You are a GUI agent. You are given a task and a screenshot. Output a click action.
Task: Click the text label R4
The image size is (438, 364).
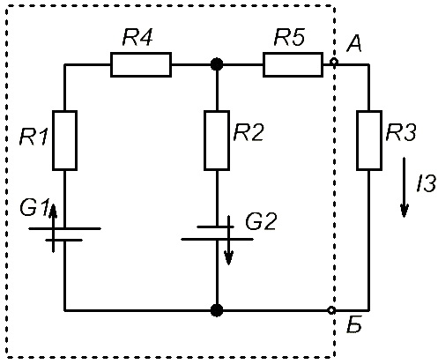pos(137,37)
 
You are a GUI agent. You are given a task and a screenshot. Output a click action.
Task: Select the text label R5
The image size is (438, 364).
pos(289,37)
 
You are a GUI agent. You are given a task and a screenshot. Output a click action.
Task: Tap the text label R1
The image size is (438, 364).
pos(33,137)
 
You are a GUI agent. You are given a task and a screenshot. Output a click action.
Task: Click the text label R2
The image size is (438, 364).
pos(249,132)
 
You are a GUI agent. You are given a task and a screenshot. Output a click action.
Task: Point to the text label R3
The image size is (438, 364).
pos(401,132)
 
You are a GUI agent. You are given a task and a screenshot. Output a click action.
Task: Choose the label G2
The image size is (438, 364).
pos(261,221)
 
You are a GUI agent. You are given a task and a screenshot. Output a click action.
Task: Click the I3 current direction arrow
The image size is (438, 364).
pos(405,188)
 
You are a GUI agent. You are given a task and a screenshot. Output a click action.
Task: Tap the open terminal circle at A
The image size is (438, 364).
pos(334,62)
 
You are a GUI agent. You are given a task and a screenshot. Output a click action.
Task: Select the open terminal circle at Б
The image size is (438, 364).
pos(331,310)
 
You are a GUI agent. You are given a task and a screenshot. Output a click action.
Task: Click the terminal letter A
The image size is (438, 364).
pos(354,44)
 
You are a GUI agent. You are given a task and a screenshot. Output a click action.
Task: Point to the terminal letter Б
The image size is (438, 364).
pos(354,324)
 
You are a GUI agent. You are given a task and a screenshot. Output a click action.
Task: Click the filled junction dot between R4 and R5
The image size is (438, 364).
pos(217,64)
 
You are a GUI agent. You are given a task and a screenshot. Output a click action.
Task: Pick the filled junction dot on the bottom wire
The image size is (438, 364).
pos(217,310)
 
